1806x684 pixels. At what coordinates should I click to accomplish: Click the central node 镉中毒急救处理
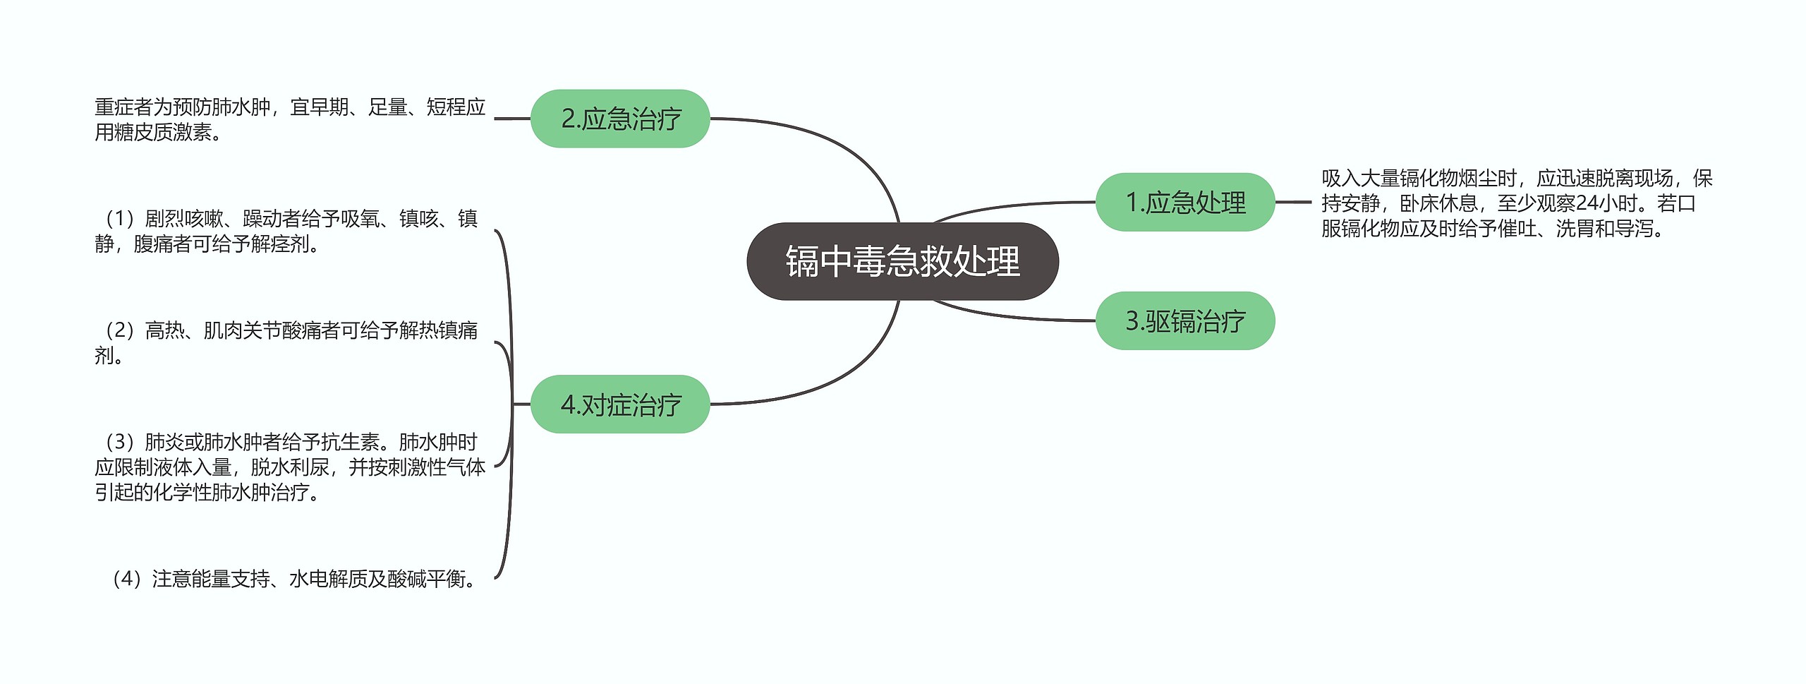[902, 261]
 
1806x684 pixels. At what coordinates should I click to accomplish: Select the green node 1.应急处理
[1185, 203]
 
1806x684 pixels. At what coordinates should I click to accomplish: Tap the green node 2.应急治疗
[620, 119]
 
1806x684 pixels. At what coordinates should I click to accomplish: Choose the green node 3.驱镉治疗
[1185, 321]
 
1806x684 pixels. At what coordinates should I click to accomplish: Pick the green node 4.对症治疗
[620, 404]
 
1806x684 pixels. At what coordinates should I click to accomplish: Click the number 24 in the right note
[1587, 203]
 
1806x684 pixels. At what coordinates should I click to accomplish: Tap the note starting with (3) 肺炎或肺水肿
[289, 467]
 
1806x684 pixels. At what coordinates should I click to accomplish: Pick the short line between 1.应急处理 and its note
[1292, 203]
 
